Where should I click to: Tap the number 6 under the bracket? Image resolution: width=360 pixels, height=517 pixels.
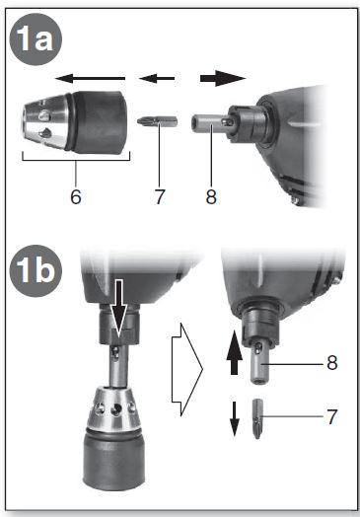(x=76, y=194)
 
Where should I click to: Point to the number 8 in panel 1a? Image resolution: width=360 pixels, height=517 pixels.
(x=210, y=194)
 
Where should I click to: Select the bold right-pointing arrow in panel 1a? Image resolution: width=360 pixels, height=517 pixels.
(x=221, y=77)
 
